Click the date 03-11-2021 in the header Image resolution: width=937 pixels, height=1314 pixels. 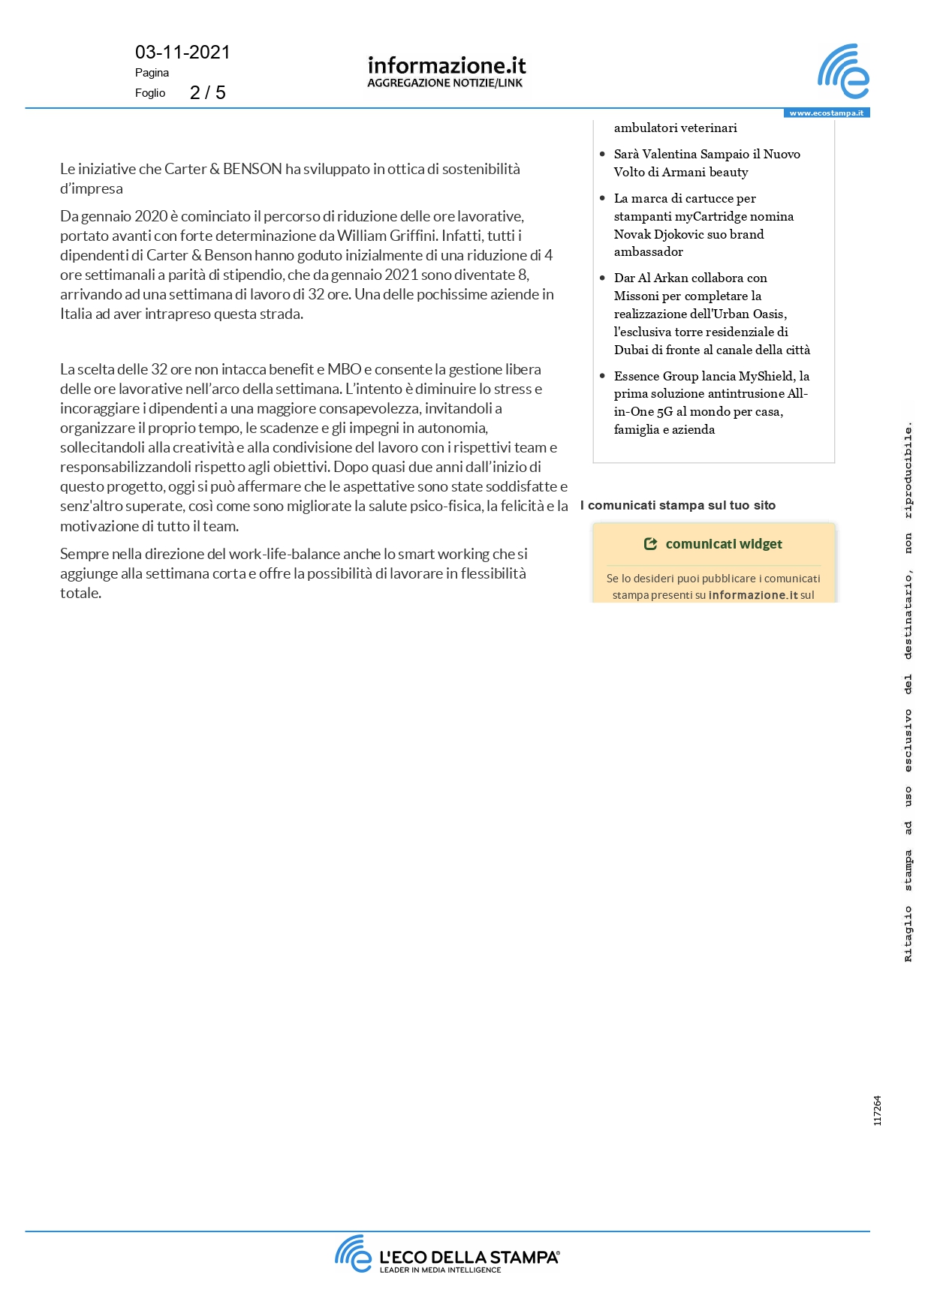tap(182, 53)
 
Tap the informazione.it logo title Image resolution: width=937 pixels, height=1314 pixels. tap(447, 66)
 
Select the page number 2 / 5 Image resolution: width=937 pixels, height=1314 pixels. tap(208, 92)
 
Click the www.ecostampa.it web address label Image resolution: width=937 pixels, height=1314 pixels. tap(826, 113)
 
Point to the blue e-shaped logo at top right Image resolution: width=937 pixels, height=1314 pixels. tap(843, 71)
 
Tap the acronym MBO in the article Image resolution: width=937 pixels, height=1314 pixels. tap(344, 369)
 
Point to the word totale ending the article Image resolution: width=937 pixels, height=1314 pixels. tap(80, 593)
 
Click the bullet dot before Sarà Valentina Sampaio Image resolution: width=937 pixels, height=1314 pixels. tap(602, 154)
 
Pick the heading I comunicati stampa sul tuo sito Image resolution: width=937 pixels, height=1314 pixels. tap(678, 506)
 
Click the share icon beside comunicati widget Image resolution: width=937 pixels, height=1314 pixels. tap(650, 544)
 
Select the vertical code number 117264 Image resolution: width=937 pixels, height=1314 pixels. tap(877, 1111)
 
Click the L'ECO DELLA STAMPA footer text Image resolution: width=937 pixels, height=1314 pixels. tap(469, 1257)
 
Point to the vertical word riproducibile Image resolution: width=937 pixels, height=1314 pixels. tap(908, 471)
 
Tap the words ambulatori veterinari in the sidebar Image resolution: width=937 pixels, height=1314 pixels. tap(675, 128)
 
